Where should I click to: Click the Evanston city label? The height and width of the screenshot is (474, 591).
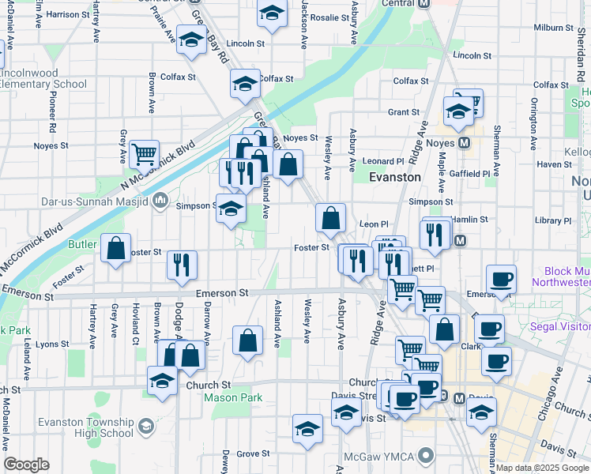395,177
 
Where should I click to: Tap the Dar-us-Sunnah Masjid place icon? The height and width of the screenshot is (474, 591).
160,201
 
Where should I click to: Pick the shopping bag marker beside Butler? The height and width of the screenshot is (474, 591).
116,248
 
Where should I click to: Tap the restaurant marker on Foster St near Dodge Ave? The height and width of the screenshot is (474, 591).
182,265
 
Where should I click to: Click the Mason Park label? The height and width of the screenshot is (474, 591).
233,398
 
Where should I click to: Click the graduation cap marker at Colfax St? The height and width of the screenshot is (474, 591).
245,82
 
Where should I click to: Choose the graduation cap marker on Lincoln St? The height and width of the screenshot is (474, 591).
190,40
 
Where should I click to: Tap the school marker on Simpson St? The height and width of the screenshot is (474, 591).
231,209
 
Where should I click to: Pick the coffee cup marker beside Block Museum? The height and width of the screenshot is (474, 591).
501,278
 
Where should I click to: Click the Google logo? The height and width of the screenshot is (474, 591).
27,465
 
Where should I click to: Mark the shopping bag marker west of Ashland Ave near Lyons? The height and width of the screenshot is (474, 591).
247,340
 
